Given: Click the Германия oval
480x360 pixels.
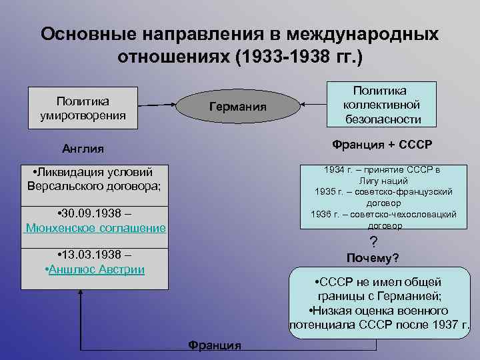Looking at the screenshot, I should pos(237,107).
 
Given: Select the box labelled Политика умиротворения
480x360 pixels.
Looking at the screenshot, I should pos(83,108).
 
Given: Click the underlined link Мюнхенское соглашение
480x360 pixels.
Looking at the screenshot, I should pos(96,228).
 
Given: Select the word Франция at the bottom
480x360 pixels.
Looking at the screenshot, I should pos(214,345).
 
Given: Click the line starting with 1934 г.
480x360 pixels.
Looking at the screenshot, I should pos(382,169).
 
